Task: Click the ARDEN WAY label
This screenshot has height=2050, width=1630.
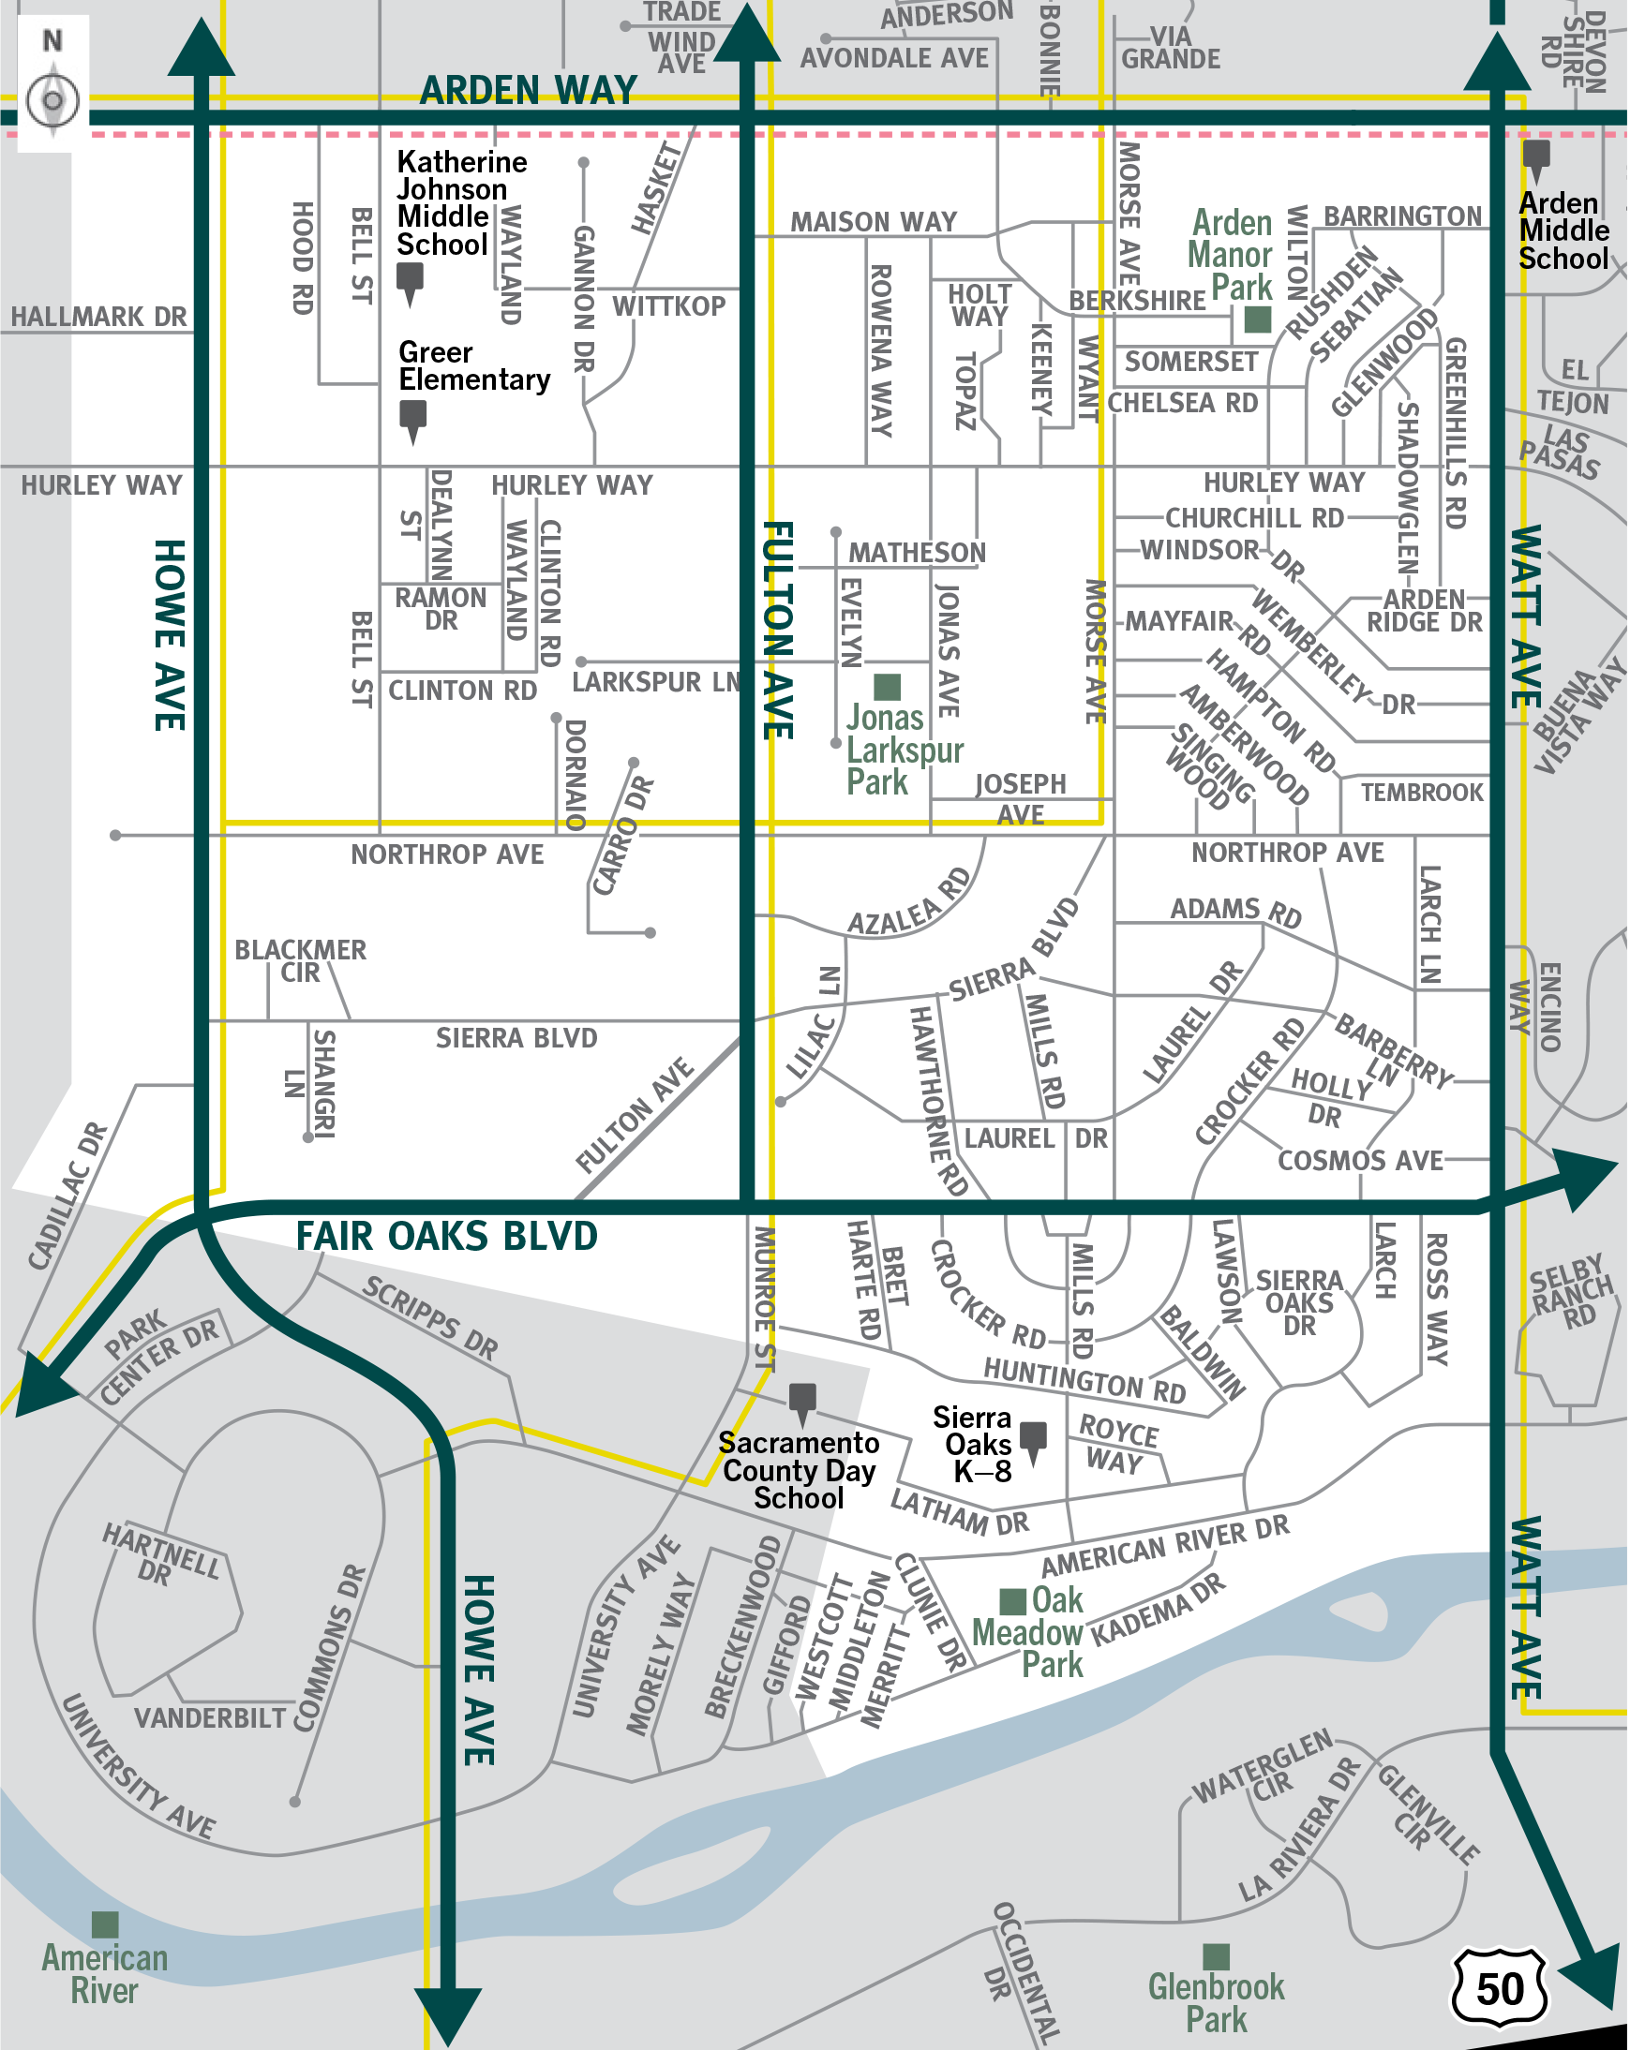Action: (x=529, y=90)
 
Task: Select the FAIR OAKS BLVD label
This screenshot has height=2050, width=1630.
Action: (x=447, y=1236)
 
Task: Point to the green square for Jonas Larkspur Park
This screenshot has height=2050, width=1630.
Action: (x=888, y=687)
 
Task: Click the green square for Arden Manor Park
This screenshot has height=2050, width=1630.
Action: (x=1258, y=319)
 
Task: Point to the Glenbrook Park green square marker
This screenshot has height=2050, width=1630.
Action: (x=1217, y=1956)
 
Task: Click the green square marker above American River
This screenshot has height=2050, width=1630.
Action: (x=106, y=1924)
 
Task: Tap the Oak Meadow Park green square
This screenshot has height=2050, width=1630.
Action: (x=1013, y=1601)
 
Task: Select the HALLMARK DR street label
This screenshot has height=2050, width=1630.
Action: (x=99, y=317)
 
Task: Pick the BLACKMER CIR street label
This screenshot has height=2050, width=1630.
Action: (x=301, y=960)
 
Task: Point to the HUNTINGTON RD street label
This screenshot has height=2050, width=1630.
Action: (x=1085, y=1380)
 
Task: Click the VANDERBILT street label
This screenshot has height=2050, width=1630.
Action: (x=210, y=1718)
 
